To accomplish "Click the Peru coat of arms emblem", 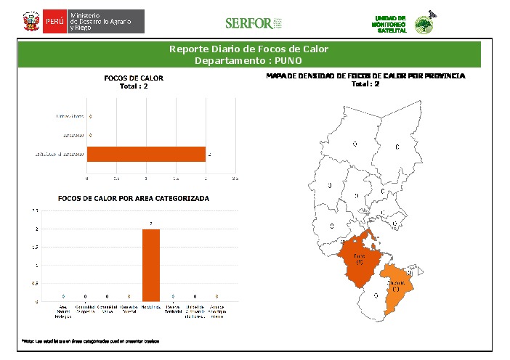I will [x=31, y=21].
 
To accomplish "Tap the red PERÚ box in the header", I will [x=55, y=22].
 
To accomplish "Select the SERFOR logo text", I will [x=248, y=23].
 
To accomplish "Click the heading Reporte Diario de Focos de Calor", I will [x=249, y=49].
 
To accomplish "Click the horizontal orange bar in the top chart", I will [x=146, y=154].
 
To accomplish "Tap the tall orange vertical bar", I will [x=151, y=265].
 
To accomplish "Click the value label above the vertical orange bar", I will [x=151, y=224].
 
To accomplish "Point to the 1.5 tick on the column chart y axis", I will [x=36, y=247].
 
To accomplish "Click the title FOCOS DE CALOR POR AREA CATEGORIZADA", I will [x=134, y=198].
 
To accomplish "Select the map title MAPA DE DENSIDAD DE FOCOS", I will [x=365, y=75].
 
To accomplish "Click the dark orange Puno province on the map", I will [x=360, y=258].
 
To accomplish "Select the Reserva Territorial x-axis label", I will [x=173, y=311].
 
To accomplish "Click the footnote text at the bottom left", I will [x=90, y=340].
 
